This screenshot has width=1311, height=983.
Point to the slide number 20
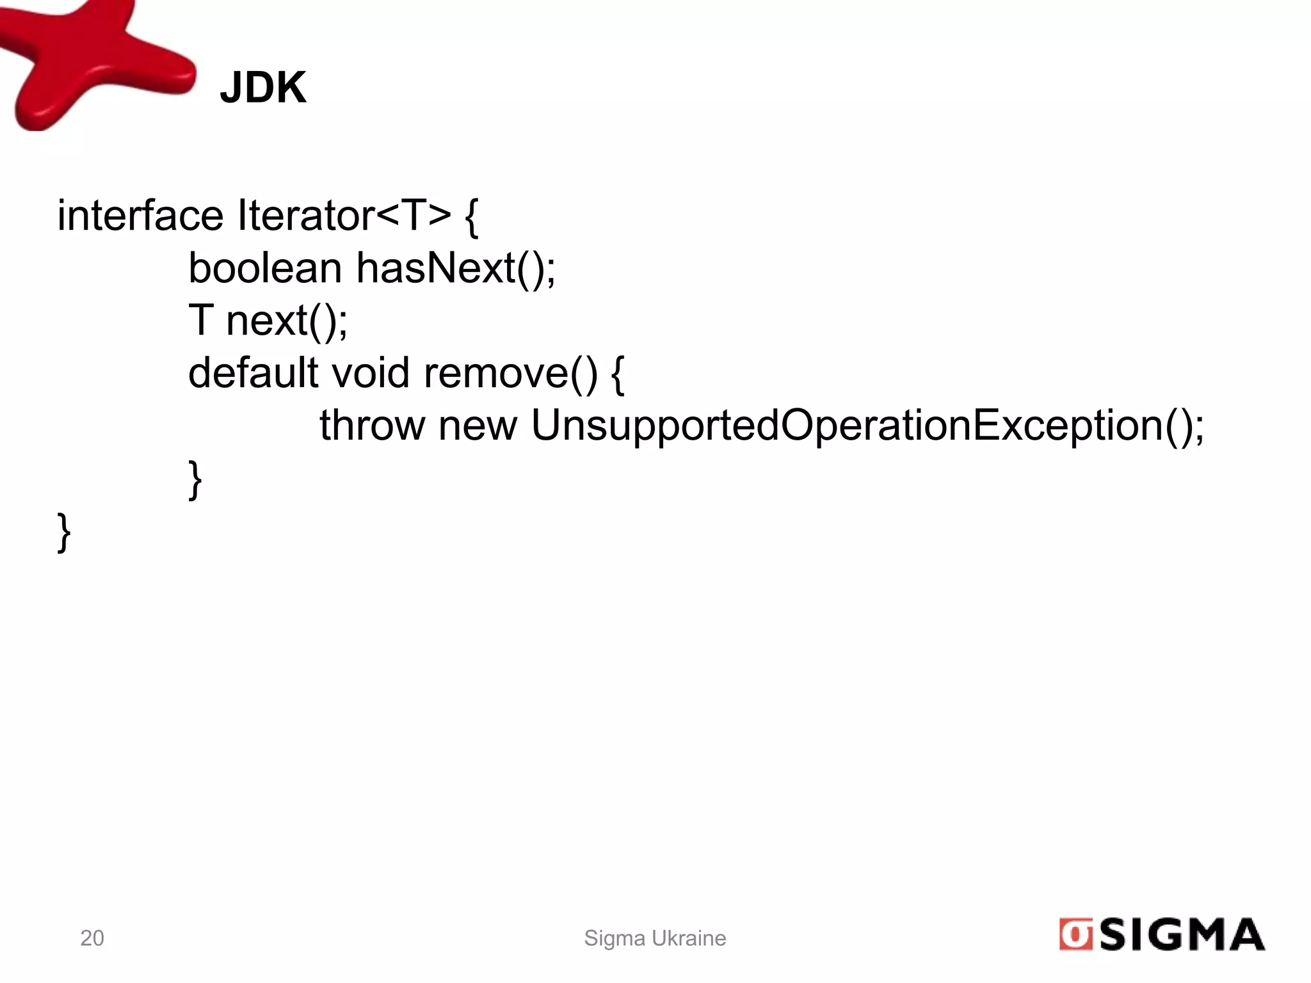click(x=92, y=938)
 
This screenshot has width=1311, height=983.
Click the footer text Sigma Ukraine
click(x=655, y=938)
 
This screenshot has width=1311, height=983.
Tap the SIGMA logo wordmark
click(x=1182, y=935)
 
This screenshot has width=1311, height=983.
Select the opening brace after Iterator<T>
click(x=472, y=218)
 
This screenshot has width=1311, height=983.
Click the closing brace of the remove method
click(x=195, y=480)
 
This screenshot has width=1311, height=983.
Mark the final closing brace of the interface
click(x=64, y=532)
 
